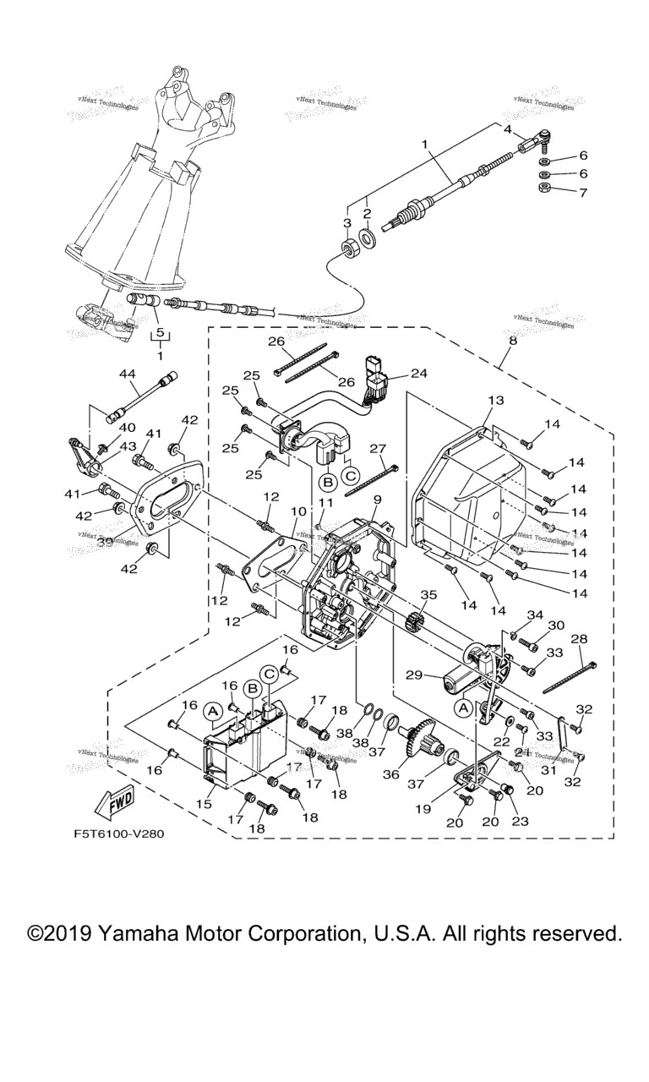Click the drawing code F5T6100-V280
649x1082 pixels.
(x=118, y=833)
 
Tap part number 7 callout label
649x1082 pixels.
(x=583, y=192)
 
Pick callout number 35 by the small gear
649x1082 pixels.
(x=428, y=595)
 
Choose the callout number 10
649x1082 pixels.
(x=298, y=512)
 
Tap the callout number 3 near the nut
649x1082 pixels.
(x=346, y=222)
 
